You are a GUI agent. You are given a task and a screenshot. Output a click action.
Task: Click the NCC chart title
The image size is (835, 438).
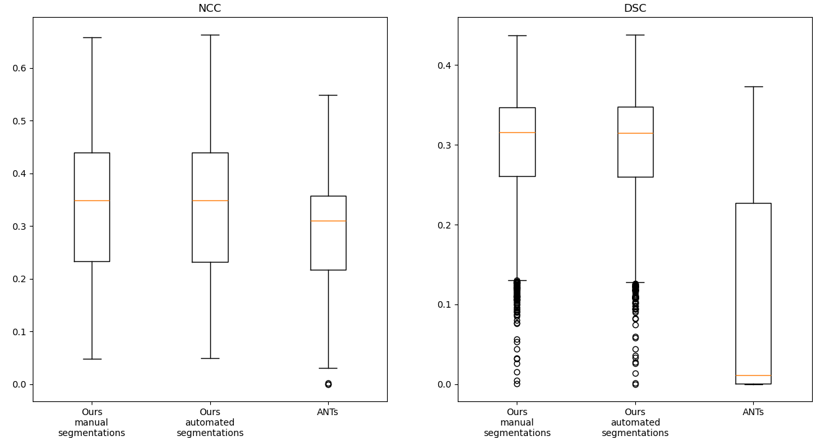[x=210, y=9]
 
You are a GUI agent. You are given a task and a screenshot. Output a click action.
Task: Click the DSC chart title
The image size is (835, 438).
[x=635, y=9]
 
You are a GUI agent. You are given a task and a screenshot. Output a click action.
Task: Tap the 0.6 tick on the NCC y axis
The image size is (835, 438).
[x=18, y=68]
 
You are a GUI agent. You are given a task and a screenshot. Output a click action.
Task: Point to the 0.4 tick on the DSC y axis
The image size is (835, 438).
[x=443, y=65]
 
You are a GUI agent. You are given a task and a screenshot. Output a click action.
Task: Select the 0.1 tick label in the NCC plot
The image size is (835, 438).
[x=18, y=332]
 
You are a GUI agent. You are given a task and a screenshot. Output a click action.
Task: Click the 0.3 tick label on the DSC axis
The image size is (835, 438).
[x=443, y=145]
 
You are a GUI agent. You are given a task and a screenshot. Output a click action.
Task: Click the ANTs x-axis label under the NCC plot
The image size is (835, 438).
[x=327, y=412]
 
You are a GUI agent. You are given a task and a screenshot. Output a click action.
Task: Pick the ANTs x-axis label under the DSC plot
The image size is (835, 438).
[x=753, y=412]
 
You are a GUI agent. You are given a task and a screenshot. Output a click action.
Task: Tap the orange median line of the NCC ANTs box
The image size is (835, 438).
[x=328, y=221]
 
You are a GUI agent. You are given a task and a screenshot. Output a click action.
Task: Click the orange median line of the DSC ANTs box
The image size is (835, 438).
[x=753, y=375]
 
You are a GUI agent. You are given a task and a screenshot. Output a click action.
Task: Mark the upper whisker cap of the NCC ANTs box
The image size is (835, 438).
[x=328, y=95]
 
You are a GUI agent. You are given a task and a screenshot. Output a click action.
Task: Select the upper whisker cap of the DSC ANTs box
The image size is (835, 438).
[x=753, y=86]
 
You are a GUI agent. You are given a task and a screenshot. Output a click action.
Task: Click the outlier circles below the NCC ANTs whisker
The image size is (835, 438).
[x=328, y=384]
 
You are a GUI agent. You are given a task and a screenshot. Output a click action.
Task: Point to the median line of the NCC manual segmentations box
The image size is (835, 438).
[x=92, y=200]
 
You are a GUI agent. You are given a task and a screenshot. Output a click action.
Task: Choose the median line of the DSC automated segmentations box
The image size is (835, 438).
[x=635, y=133]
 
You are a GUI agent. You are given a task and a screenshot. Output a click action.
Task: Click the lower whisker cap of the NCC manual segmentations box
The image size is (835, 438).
[x=92, y=359]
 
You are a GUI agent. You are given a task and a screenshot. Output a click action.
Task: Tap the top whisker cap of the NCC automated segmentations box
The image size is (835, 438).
[x=210, y=35]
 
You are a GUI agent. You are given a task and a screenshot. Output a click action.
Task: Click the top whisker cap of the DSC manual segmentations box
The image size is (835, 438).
[x=517, y=35]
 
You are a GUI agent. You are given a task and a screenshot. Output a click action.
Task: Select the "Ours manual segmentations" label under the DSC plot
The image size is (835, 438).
[x=517, y=423]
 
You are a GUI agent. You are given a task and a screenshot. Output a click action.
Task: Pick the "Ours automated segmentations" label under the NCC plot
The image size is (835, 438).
[x=210, y=423]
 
